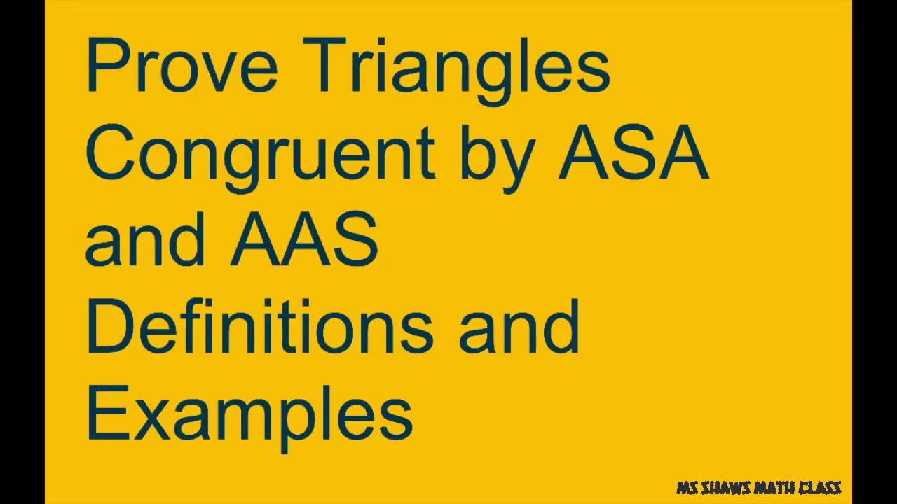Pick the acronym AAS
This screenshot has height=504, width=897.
304,239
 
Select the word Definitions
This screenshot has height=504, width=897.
259,326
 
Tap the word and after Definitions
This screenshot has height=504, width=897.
519,326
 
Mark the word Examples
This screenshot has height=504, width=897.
249,414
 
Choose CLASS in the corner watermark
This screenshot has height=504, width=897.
820,488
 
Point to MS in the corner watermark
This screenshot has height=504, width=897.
686,488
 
